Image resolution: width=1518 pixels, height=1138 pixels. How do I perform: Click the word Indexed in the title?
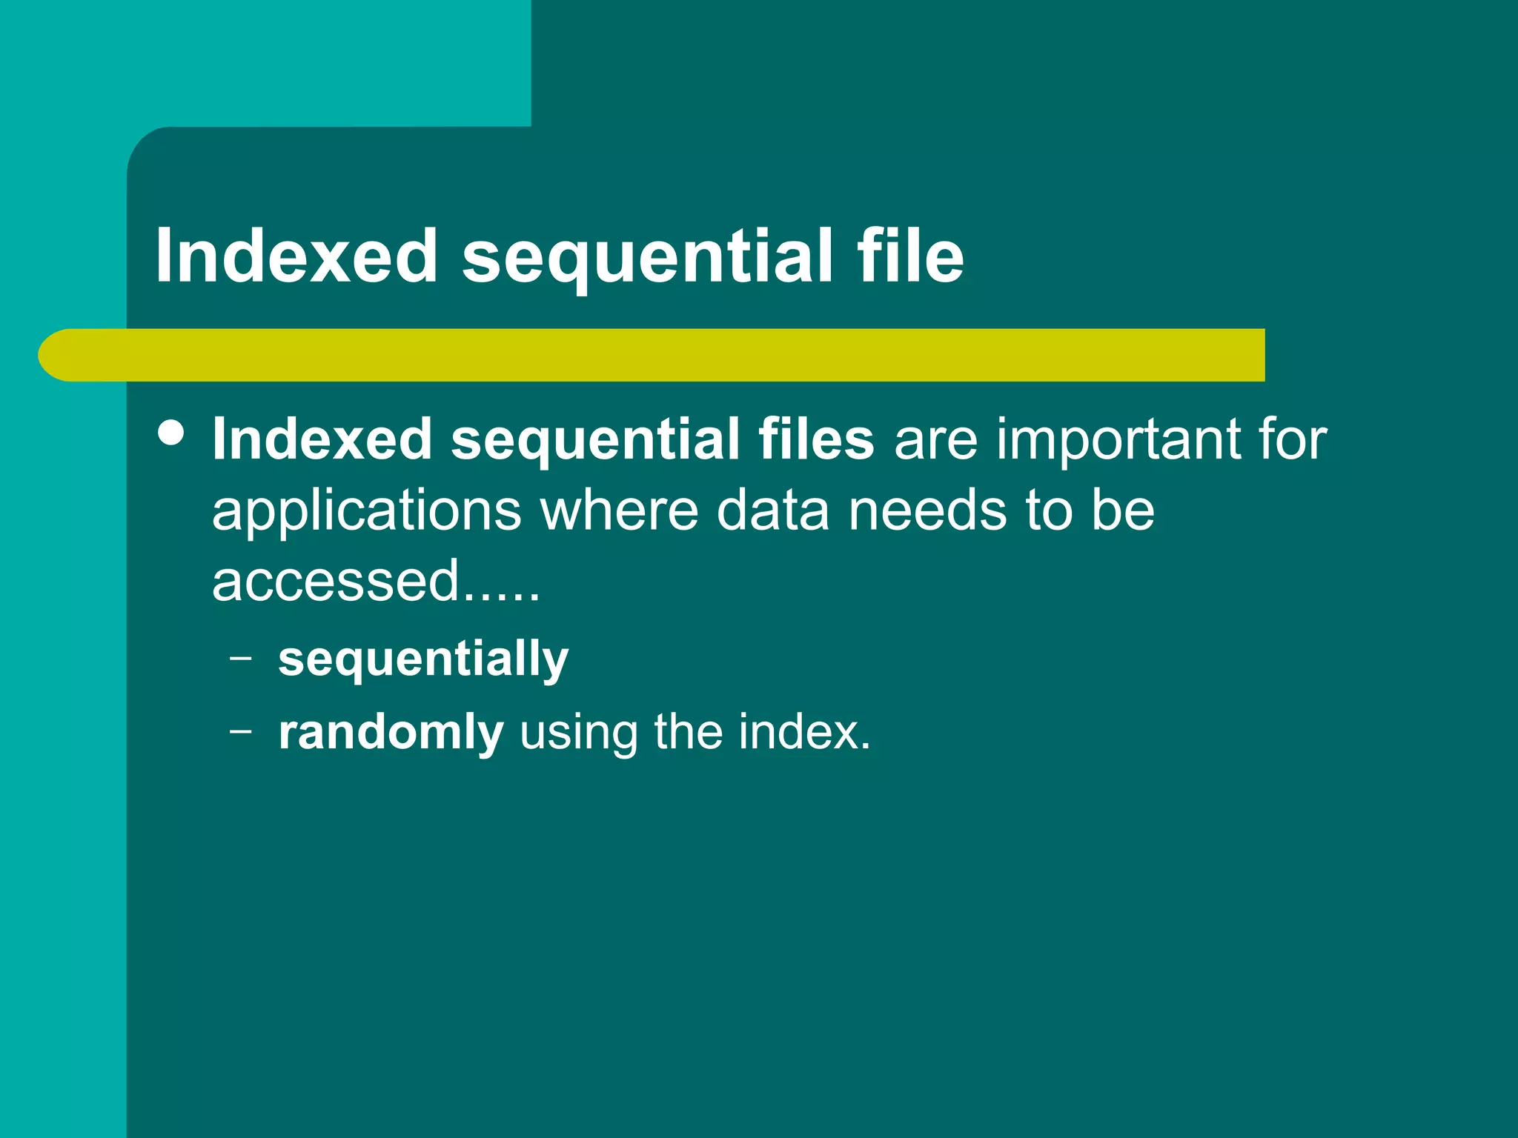tap(296, 256)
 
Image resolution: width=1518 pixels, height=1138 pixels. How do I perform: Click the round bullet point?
tap(172, 433)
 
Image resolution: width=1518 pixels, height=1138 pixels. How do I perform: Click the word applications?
tap(367, 511)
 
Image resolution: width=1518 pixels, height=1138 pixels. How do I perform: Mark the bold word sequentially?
tap(423, 659)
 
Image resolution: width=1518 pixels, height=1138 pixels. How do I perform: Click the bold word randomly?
tap(391, 733)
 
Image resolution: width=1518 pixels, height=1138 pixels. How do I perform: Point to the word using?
tap(578, 733)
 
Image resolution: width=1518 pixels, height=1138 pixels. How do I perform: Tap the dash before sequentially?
tap(241, 656)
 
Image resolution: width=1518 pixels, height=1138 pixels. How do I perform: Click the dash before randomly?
tap(241, 731)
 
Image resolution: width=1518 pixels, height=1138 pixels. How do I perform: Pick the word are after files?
tap(935, 439)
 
